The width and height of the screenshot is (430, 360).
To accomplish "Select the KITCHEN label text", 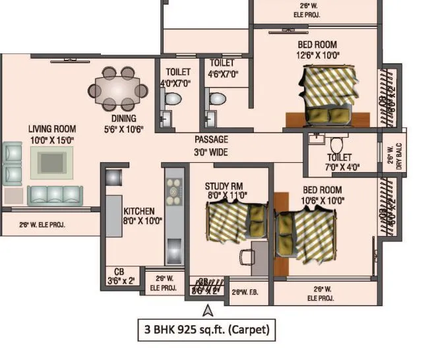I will pos(139,212).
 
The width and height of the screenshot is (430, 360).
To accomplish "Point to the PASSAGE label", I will pos(211,140).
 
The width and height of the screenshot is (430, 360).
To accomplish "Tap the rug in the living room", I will pos(51,162).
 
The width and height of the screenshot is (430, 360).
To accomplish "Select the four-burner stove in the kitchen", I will pos(174,195).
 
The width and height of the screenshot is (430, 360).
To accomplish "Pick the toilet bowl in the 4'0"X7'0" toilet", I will pos(173,100).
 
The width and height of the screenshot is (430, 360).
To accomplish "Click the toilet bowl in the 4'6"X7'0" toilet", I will pos(217,100).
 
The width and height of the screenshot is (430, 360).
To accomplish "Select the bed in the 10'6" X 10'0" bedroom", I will pos(305,234).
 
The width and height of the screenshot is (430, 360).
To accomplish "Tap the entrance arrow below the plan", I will pos(208,310).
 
